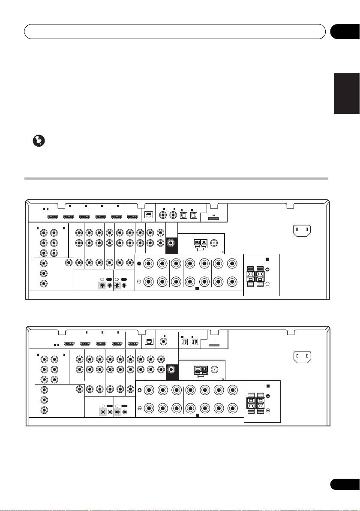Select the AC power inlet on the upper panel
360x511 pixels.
[302, 231]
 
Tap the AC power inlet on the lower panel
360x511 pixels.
[302, 356]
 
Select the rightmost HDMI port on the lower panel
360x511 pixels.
[132, 343]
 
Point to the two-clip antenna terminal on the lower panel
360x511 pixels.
[200, 369]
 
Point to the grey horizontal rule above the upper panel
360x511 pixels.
[176, 179]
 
